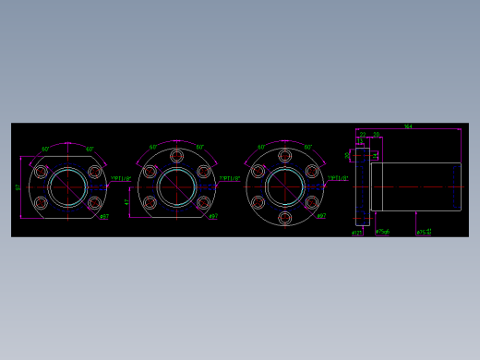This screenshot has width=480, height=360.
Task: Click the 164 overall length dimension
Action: [408, 126]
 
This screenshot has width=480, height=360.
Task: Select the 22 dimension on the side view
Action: [363, 135]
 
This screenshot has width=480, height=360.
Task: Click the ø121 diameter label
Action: [356, 233]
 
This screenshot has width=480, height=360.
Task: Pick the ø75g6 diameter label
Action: [382, 233]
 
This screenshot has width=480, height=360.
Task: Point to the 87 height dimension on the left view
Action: [18, 187]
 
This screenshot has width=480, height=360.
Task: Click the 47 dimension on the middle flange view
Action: [127, 202]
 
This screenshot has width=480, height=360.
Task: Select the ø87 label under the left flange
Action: [104, 218]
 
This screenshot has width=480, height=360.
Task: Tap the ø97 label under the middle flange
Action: [213, 217]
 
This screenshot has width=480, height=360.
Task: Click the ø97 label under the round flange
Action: [321, 217]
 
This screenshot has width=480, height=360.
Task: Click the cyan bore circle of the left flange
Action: [67, 187]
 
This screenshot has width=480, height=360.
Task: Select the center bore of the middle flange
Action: [176, 187]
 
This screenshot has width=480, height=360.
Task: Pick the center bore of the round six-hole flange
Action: [284, 187]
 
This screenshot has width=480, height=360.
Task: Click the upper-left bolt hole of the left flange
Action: [41, 172]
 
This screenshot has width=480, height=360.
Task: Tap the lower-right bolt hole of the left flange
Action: [94, 203]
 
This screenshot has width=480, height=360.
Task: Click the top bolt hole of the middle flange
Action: [176, 156]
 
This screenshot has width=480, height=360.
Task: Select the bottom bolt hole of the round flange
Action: [284, 218]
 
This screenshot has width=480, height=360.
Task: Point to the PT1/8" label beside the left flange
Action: [121, 179]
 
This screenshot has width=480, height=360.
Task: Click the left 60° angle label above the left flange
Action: [45, 149]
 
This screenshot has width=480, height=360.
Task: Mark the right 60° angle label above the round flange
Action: [307, 148]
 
